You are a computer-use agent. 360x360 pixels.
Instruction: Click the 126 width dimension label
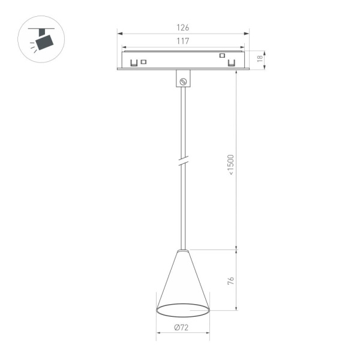(x=183, y=28)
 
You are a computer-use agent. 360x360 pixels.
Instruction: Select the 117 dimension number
(x=183, y=41)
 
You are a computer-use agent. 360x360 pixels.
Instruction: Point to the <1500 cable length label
(x=231, y=166)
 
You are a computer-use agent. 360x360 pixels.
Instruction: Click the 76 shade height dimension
(x=232, y=281)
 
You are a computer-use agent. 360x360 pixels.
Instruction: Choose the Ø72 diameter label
(x=182, y=327)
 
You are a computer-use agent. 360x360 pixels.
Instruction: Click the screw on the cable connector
(x=184, y=80)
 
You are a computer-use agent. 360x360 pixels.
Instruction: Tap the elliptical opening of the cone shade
(x=183, y=310)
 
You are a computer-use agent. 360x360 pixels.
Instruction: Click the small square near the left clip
(x=144, y=61)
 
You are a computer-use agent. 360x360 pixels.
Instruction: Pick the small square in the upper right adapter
(x=222, y=56)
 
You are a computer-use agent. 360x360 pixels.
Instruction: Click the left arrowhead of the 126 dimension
(x=119, y=34)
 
